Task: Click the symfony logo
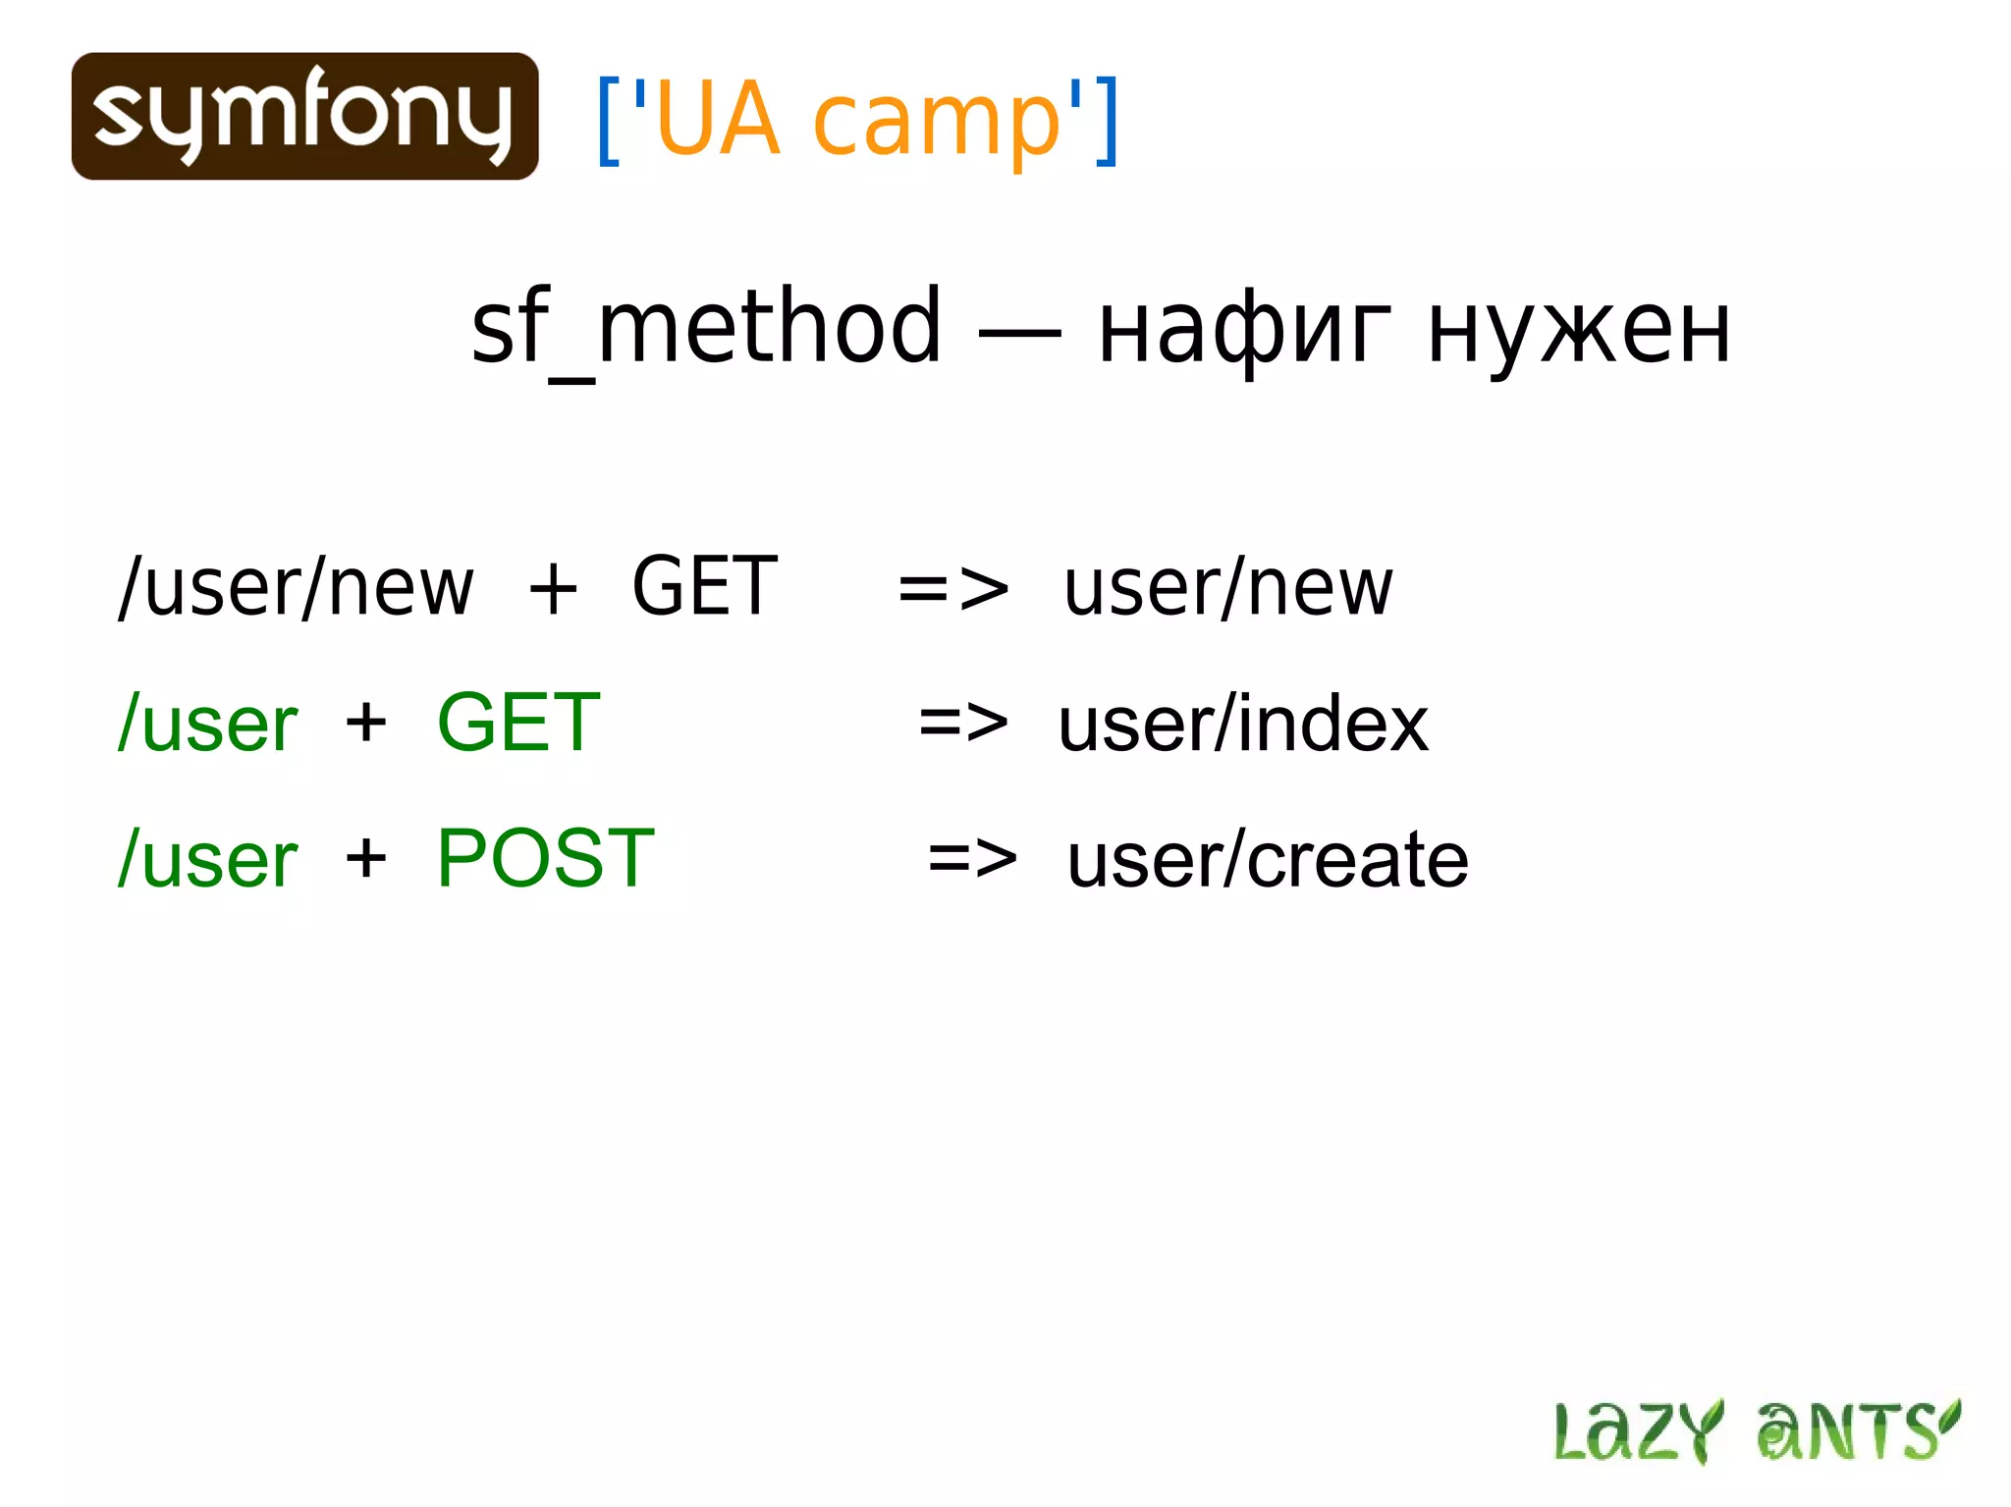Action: click(x=304, y=116)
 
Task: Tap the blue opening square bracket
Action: click(x=609, y=121)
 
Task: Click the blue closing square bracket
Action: click(x=1107, y=121)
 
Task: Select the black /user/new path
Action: click(x=296, y=587)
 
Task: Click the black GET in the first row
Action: click(x=704, y=586)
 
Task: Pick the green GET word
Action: click(x=517, y=723)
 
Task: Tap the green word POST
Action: click(x=545, y=858)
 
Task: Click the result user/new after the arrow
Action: click(x=1227, y=587)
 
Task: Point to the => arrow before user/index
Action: click(x=962, y=724)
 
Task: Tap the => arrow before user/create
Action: click(x=972, y=859)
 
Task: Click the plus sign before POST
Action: click(x=366, y=858)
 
